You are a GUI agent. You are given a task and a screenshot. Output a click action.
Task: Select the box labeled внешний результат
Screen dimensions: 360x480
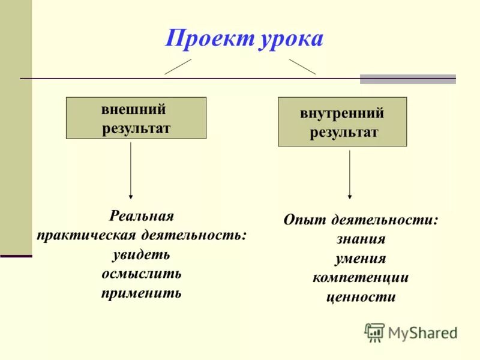point(136,118)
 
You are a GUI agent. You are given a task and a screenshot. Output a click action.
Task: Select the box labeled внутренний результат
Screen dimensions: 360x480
point(342,122)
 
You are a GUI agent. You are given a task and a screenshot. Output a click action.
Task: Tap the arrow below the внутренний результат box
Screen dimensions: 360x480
point(350,174)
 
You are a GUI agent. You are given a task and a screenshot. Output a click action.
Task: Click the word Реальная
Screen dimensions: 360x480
point(142,216)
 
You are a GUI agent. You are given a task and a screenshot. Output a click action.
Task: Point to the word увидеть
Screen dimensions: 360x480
point(142,254)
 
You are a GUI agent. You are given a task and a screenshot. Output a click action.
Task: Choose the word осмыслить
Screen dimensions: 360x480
point(142,274)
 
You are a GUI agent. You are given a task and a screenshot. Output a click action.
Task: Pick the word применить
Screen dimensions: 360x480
point(142,293)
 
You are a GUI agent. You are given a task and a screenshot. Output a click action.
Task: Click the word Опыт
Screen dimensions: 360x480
point(304,220)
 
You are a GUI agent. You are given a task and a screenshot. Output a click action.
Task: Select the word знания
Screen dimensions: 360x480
point(361,239)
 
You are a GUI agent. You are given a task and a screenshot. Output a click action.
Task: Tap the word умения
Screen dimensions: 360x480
point(361,259)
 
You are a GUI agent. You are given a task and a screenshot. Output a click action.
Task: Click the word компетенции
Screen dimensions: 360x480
point(361,277)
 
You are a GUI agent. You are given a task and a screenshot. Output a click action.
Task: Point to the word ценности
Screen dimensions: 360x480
point(361,296)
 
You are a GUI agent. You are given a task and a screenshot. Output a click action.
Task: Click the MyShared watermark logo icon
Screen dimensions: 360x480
point(374,332)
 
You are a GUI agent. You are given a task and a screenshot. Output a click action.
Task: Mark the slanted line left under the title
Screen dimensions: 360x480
point(178,67)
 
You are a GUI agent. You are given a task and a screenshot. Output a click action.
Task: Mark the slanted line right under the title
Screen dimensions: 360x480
point(302,67)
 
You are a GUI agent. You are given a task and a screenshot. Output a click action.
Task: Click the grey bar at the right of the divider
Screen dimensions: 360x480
point(407,79)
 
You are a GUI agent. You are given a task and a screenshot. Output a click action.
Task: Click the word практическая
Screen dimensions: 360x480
point(87,235)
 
